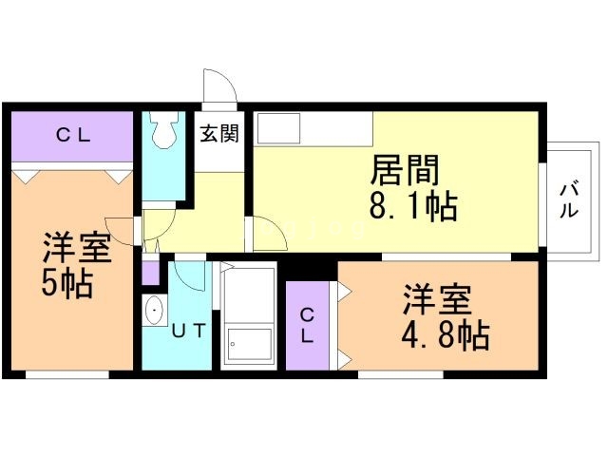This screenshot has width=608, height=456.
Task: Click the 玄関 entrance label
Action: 219,134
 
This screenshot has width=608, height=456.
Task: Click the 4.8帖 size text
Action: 445,334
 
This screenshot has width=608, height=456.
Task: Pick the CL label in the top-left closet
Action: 71,136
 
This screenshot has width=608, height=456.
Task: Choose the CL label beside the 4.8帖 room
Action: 309,325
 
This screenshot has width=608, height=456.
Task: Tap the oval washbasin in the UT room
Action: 153,311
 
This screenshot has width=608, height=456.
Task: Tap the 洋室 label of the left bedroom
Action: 77,249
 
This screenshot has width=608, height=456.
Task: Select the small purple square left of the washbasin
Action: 150,274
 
